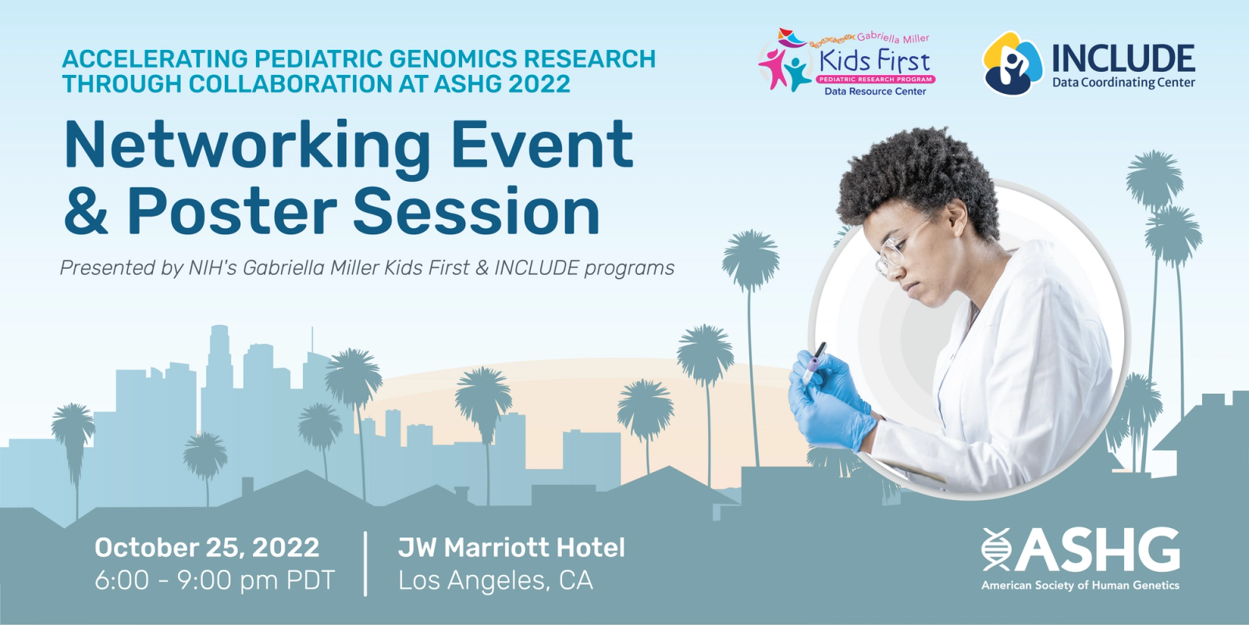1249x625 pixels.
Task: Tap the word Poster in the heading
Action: (x=232, y=211)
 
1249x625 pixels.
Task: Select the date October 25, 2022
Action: (x=207, y=548)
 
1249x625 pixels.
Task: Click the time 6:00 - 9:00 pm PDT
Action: (x=215, y=580)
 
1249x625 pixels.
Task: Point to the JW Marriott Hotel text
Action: (x=511, y=548)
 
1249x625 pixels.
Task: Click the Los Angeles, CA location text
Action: (x=495, y=580)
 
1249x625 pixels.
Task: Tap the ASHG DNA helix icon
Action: (x=996, y=549)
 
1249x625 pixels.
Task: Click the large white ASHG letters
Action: (x=1096, y=550)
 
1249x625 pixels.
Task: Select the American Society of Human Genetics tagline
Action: (x=1080, y=585)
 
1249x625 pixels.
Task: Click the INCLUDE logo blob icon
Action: (x=1012, y=63)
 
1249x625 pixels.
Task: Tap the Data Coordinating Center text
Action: (x=1123, y=83)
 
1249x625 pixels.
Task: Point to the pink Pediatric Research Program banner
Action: (x=875, y=79)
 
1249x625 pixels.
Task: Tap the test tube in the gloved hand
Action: (x=814, y=362)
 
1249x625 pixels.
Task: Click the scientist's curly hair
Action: (x=917, y=179)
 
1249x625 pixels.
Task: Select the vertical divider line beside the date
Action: (x=366, y=563)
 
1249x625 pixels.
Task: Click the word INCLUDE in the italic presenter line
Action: (x=536, y=268)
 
